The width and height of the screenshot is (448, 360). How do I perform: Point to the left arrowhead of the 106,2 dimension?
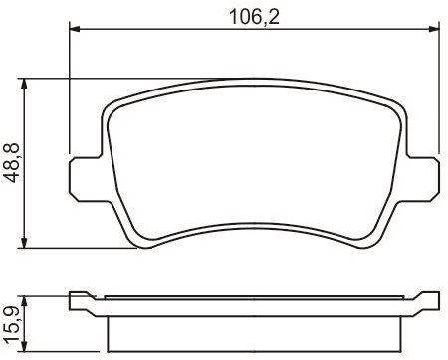coord(75,30)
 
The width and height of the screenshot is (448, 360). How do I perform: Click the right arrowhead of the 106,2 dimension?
coord(434,30)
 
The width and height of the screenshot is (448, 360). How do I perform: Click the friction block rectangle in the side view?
coord(253,328)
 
